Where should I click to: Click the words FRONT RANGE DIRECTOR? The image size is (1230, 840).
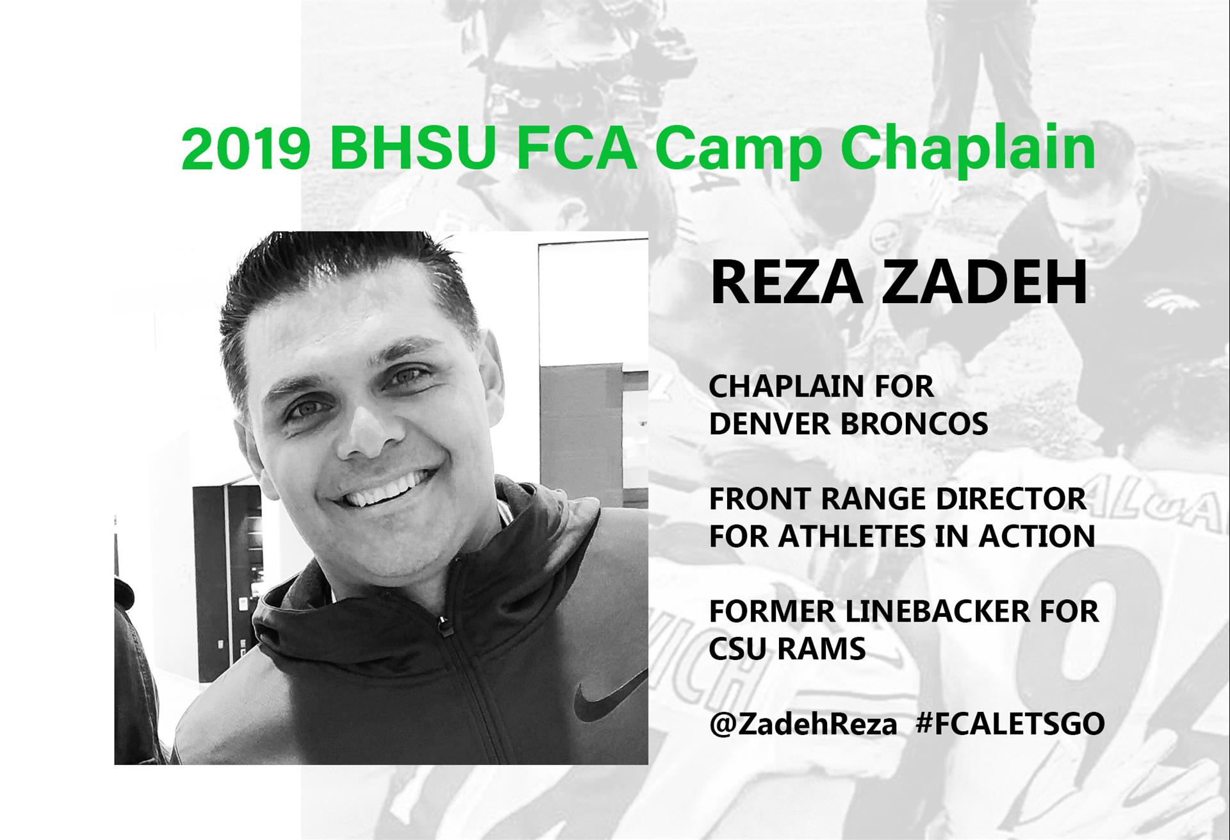tap(898, 499)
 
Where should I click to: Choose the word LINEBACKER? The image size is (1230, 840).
tap(936, 612)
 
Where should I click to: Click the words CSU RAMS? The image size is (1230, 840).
tap(787, 649)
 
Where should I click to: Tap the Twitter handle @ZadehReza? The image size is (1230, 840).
tap(803, 724)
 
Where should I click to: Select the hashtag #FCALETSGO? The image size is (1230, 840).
tap(1010, 724)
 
